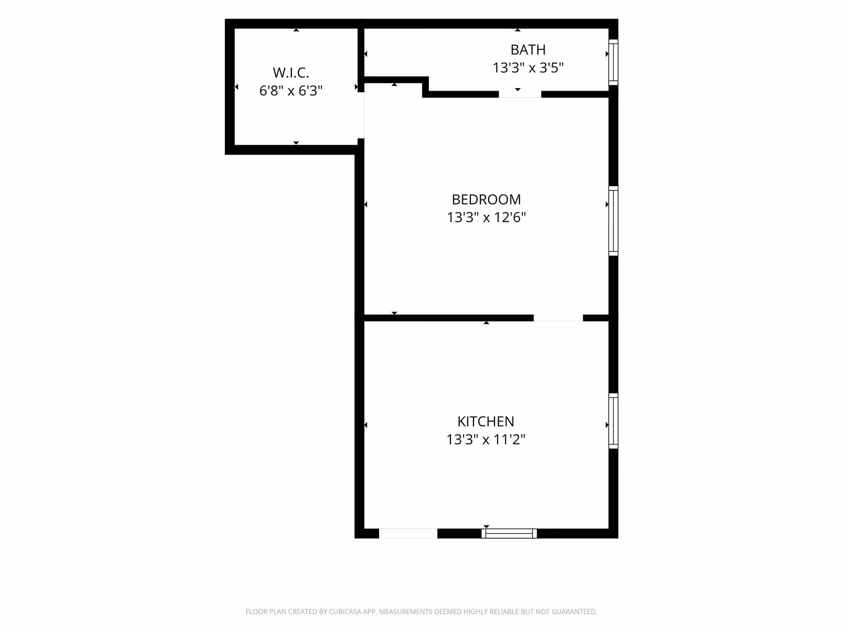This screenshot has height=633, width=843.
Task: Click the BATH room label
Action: pos(528,50)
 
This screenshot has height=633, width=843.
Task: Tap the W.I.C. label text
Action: pos(291,73)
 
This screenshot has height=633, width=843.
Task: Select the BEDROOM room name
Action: pos(486,199)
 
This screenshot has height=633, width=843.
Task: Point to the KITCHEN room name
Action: pos(486,422)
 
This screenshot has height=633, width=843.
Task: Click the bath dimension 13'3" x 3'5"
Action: pos(528,68)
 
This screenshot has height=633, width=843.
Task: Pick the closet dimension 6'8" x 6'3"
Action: pos(291,91)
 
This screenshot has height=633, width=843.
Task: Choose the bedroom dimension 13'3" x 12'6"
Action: pos(486,217)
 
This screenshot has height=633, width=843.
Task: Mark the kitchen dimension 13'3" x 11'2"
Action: pos(486,439)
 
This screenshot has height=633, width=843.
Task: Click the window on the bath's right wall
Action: pos(613,62)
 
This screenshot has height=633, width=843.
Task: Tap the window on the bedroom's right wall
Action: pos(613,221)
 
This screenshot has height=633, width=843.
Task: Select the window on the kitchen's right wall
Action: pos(613,421)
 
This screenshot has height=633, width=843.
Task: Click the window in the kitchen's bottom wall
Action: pos(509,533)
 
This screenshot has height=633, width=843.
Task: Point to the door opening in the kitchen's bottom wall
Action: pos(408,533)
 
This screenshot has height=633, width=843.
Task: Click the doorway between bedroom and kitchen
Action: pos(558,318)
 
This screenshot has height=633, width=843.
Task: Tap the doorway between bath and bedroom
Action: pos(520,94)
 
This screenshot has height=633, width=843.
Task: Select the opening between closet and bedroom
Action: pos(361,115)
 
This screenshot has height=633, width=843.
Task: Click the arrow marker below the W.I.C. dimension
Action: pos(296,143)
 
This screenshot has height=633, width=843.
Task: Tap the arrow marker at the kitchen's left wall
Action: pos(366,425)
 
